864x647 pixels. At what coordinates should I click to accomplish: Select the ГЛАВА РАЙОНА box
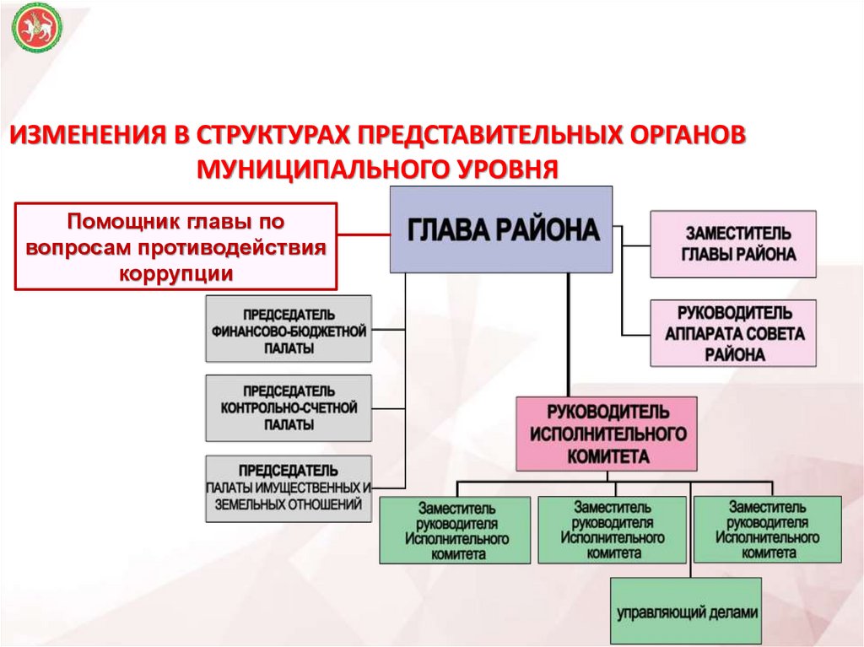(x=501, y=229)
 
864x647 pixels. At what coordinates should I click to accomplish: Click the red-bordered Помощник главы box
(x=176, y=247)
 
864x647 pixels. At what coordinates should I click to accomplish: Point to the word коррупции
(x=175, y=274)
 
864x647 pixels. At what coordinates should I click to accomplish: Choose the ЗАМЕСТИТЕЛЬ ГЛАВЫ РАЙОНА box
(x=732, y=244)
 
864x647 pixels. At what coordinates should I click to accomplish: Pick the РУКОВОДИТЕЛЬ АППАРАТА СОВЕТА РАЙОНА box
(x=732, y=333)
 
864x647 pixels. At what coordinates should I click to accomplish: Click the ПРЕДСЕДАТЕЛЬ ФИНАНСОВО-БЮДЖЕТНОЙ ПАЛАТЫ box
(x=289, y=329)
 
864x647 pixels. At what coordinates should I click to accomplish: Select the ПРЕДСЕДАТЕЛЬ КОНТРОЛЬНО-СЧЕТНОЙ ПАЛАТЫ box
(x=289, y=408)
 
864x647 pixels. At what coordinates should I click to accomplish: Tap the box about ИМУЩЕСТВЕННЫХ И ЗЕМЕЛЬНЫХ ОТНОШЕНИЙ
(x=289, y=488)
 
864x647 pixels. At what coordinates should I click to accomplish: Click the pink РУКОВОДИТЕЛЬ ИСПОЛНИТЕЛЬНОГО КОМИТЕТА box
(x=607, y=434)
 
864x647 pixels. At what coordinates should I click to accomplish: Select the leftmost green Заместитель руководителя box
(x=455, y=531)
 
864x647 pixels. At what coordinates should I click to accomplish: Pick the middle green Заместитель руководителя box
(x=612, y=529)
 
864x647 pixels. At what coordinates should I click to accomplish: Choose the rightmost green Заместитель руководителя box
(x=768, y=529)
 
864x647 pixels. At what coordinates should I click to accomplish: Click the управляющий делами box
(x=686, y=611)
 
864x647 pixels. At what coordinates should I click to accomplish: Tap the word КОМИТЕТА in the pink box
(x=607, y=456)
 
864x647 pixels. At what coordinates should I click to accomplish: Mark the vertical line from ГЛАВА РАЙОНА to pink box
(x=569, y=334)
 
